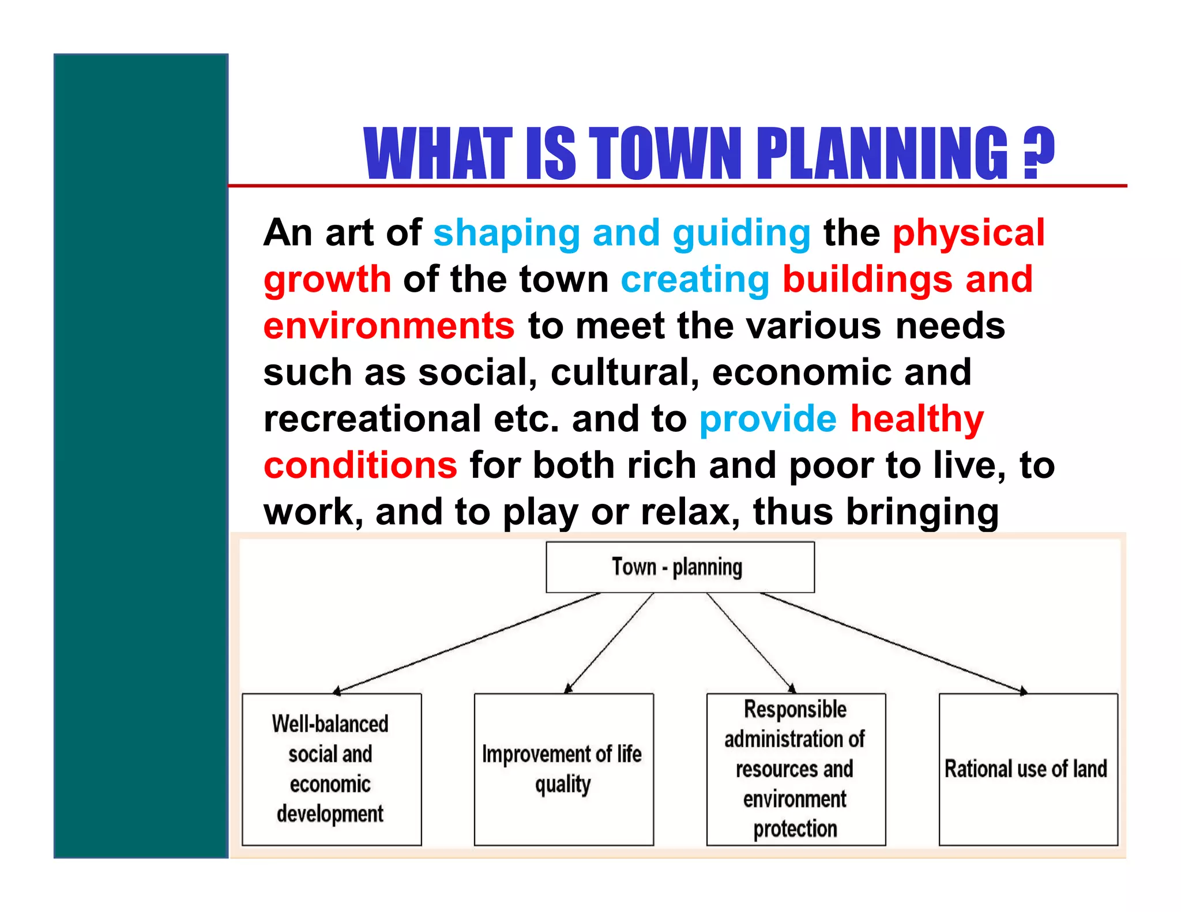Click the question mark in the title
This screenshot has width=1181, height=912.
[1039, 153]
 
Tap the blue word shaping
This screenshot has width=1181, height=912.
[506, 233]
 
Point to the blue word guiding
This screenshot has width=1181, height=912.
[742, 233]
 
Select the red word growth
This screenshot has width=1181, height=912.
[327, 280]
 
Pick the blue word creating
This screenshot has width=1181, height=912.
[694, 280]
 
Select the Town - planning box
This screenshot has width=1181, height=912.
[680, 567]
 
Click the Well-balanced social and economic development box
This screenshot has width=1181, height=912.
[331, 769]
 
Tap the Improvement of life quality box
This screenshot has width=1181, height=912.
[563, 769]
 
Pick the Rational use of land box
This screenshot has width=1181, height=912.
[1028, 769]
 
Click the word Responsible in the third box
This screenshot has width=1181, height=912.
[795, 709]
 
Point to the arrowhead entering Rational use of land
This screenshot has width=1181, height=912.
[1023, 691]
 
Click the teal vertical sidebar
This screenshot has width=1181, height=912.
[141, 455]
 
